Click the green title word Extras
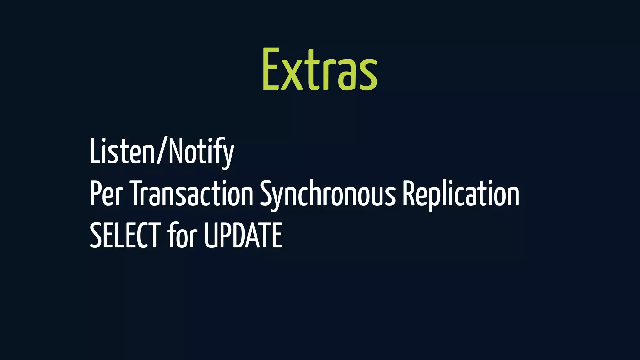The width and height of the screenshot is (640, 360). (x=320, y=69)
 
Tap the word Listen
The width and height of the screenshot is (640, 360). (x=122, y=151)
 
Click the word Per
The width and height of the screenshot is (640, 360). (x=106, y=194)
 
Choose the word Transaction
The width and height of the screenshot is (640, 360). (x=191, y=194)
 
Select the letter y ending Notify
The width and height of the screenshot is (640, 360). (x=228, y=155)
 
